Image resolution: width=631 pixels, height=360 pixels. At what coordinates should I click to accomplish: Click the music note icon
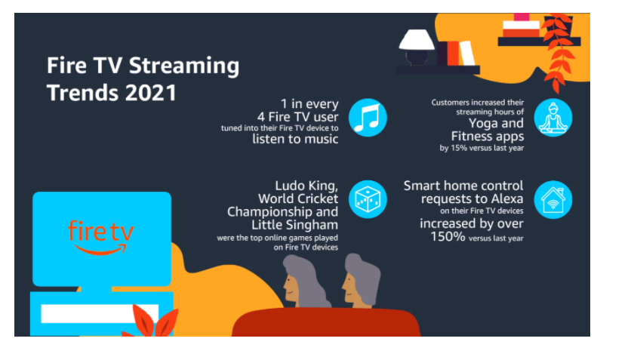point(368,117)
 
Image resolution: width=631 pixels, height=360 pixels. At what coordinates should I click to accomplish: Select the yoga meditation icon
point(553,118)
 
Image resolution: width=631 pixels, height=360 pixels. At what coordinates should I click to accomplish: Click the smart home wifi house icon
point(553,201)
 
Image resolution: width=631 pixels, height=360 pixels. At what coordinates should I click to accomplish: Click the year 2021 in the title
point(149,93)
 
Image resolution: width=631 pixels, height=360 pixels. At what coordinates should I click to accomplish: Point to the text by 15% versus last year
point(482,148)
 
